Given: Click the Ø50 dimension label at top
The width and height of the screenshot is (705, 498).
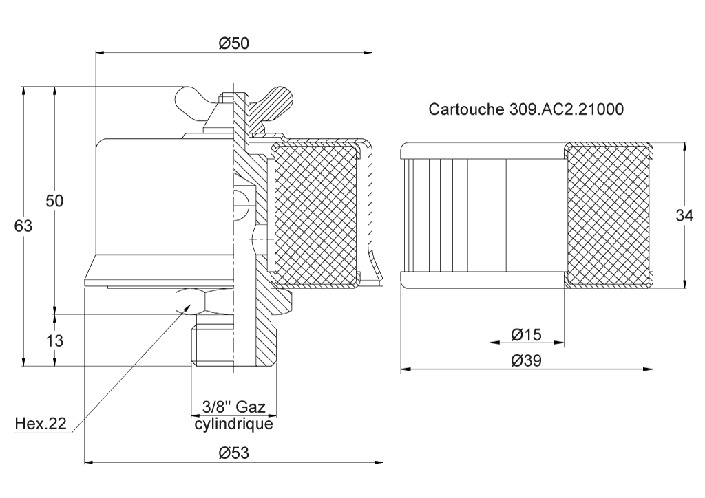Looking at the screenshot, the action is click(233, 43).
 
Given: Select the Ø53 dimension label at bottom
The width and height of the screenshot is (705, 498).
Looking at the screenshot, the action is click(233, 453).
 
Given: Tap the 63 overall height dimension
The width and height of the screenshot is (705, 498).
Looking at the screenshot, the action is click(23, 226).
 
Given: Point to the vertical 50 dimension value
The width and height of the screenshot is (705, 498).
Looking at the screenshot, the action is click(54, 201).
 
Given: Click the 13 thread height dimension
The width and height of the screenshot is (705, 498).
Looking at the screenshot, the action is click(54, 341).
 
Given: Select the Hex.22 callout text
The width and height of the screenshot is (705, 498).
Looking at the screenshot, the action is click(41, 423).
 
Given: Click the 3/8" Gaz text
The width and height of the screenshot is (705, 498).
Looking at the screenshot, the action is click(234, 407).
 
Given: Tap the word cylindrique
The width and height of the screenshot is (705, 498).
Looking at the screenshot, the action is click(233, 424).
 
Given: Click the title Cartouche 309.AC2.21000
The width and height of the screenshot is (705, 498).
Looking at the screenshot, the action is click(525, 109).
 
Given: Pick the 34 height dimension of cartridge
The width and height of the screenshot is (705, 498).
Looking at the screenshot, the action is click(684, 215).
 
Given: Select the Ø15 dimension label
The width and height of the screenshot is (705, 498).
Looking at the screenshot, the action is click(527, 334).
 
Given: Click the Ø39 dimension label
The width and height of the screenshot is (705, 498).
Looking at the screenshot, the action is click(527, 360).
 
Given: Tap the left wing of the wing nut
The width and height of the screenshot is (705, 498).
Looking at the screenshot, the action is click(193, 104).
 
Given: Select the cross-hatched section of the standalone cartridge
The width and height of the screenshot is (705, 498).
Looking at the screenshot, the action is click(607, 215).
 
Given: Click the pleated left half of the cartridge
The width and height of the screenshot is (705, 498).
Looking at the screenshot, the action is click(463, 215).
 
